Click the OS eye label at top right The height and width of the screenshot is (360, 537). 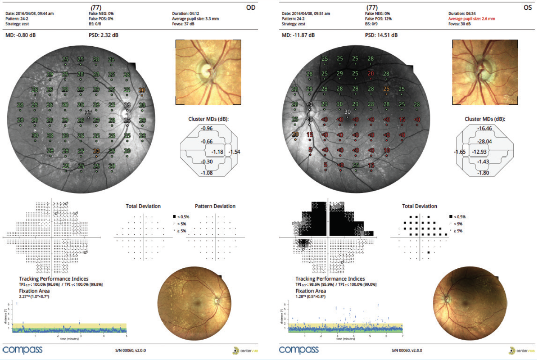(528, 7)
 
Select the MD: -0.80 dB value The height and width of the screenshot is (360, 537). (20, 35)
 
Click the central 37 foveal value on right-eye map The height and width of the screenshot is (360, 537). (88, 112)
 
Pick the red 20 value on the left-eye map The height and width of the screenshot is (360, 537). (371, 73)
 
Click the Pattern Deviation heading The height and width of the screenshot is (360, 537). (215, 206)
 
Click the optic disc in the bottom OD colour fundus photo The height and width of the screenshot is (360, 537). (217, 301)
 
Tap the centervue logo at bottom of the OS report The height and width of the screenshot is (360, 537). (522, 351)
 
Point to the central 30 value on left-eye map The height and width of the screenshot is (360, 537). (347, 112)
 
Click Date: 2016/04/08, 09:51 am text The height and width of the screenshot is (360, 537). (306, 14)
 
